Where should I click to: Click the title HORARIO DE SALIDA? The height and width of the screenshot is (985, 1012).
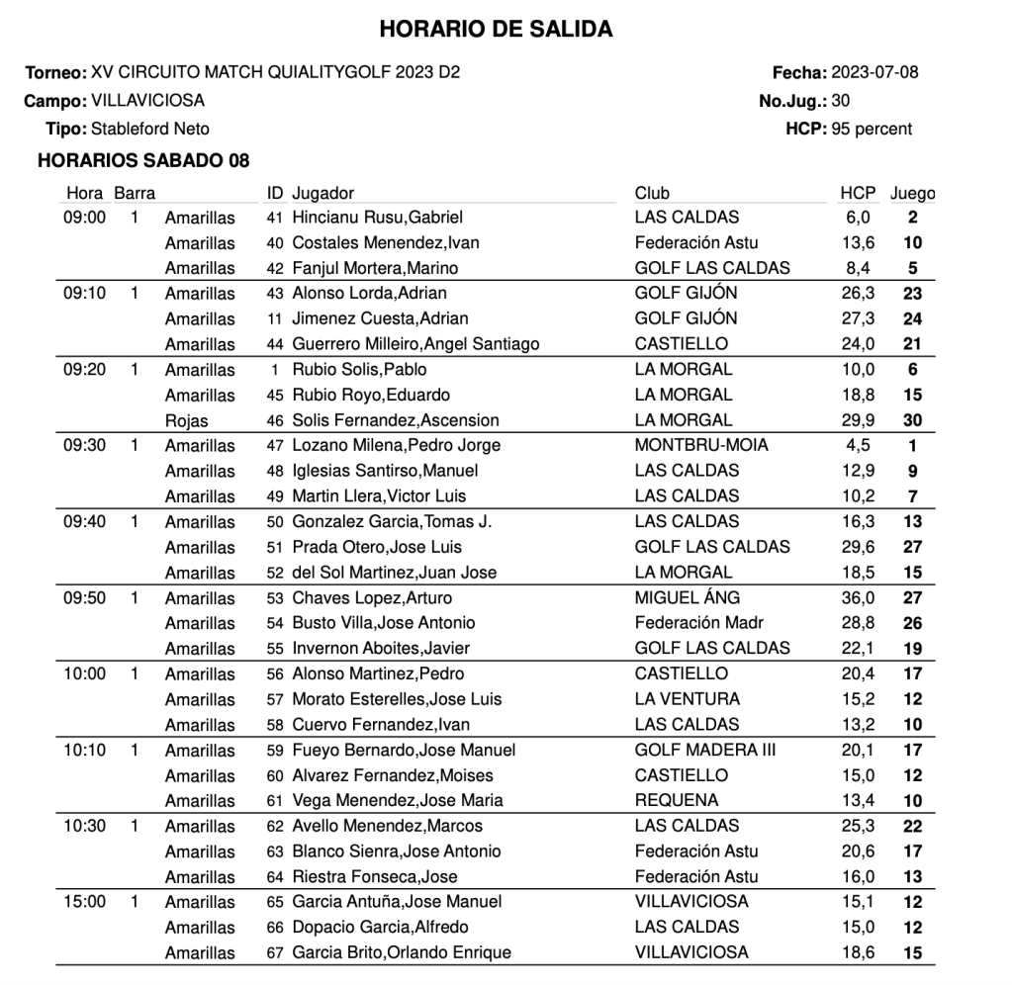496,31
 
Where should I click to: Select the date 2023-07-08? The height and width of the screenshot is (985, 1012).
874,72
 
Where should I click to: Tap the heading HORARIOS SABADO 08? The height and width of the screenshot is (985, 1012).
142,160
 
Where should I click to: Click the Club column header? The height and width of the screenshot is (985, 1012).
652,193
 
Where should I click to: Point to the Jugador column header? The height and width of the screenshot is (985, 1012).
323,193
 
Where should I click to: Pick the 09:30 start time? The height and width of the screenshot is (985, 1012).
84,445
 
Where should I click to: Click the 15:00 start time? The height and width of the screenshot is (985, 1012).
84,902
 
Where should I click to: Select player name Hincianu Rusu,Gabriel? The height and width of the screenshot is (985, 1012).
378,218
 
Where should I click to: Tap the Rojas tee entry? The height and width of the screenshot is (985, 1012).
187,420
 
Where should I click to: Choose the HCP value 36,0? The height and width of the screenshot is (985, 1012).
855,597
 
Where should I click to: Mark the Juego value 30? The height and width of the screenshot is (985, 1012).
912,420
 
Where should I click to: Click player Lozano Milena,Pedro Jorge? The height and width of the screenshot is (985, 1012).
397,445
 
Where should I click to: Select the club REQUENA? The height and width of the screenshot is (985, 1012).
677,800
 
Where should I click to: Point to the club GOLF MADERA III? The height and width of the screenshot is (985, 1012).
705,750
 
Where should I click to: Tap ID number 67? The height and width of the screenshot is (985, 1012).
275,953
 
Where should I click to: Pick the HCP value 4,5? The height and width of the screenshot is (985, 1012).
857,445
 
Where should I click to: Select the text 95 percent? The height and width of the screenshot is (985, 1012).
872,129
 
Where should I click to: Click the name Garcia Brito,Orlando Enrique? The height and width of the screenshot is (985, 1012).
402,953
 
